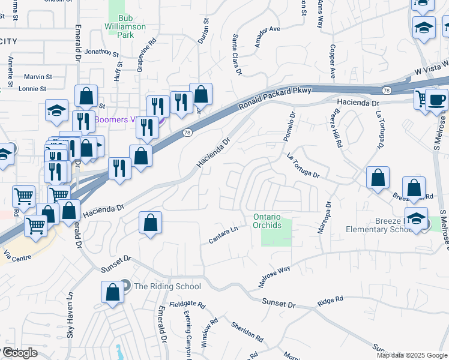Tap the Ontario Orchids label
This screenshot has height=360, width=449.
(267, 220)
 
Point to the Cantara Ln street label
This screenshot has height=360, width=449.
(224, 235)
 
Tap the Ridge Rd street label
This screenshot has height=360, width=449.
(330, 299)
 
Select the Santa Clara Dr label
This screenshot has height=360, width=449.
(237, 55)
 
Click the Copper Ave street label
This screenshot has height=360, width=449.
(332, 61)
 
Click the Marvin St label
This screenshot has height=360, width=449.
(38, 77)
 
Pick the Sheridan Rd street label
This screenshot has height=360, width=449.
(247, 331)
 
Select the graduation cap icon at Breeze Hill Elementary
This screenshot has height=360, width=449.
(416, 220)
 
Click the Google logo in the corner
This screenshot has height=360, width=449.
(20, 353)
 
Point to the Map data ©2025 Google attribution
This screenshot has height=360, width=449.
(411, 355)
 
